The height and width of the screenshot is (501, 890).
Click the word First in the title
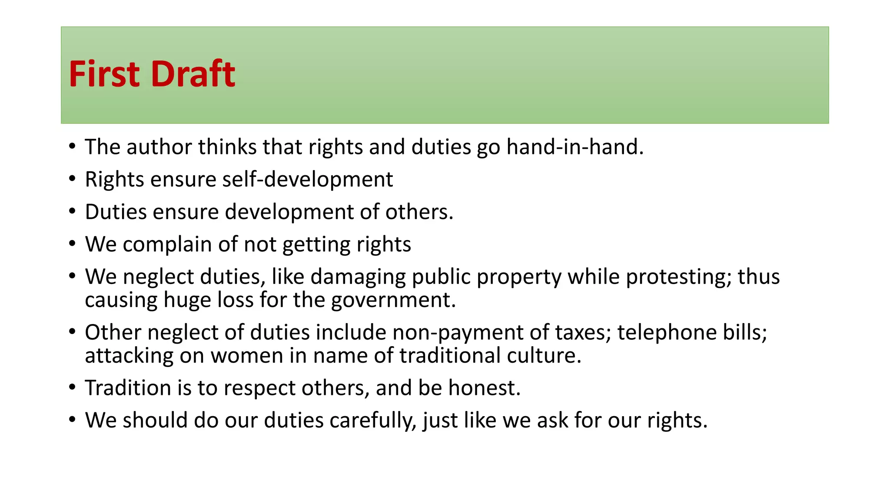[103, 74]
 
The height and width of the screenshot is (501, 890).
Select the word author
[159, 147]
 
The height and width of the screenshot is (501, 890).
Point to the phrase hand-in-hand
[575, 147]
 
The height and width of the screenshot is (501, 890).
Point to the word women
[247, 356]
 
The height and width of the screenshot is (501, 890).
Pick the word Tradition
[128, 388]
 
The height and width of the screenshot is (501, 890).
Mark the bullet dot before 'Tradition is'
[72, 387]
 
